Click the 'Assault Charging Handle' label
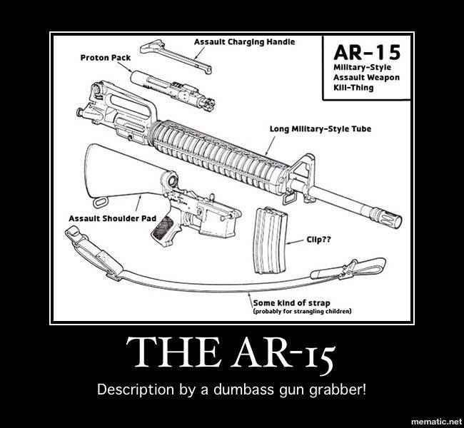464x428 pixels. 244,42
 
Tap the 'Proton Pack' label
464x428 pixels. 99,57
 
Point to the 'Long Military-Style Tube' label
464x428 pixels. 320,129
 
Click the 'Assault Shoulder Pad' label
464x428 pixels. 103,218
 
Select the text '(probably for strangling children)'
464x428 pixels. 303,312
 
